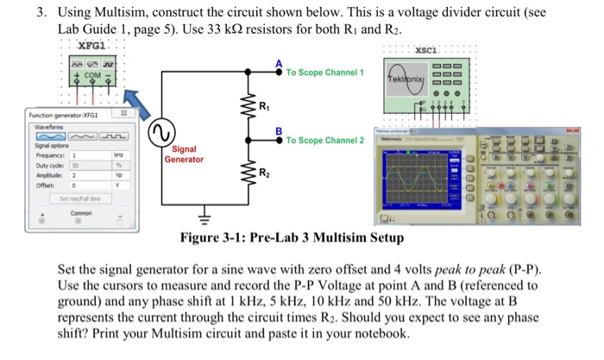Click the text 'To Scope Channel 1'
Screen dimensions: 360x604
coord(324,73)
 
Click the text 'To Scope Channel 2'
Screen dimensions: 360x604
coord(324,140)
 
